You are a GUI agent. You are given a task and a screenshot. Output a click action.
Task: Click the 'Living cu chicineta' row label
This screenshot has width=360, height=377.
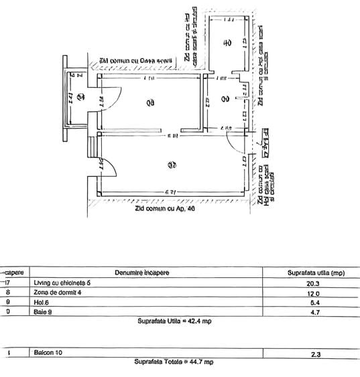point(61,283)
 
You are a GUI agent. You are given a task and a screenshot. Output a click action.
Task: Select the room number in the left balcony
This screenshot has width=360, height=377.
point(80,97)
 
